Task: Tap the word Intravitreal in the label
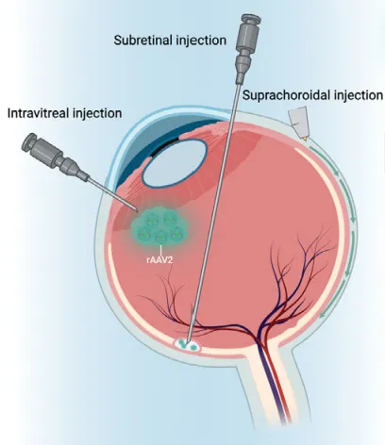point(38,113)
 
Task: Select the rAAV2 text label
point(160,260)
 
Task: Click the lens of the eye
point(174,163)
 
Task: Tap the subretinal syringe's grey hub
point(247,47)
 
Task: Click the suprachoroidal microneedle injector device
point(298,122)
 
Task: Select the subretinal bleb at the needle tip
point(188,344)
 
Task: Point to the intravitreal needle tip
point(136,209)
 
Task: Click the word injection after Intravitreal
point(97,113)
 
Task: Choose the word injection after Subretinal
point(198,41)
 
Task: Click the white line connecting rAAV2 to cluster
point(161,251)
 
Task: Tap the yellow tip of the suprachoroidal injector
point(305,138)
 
